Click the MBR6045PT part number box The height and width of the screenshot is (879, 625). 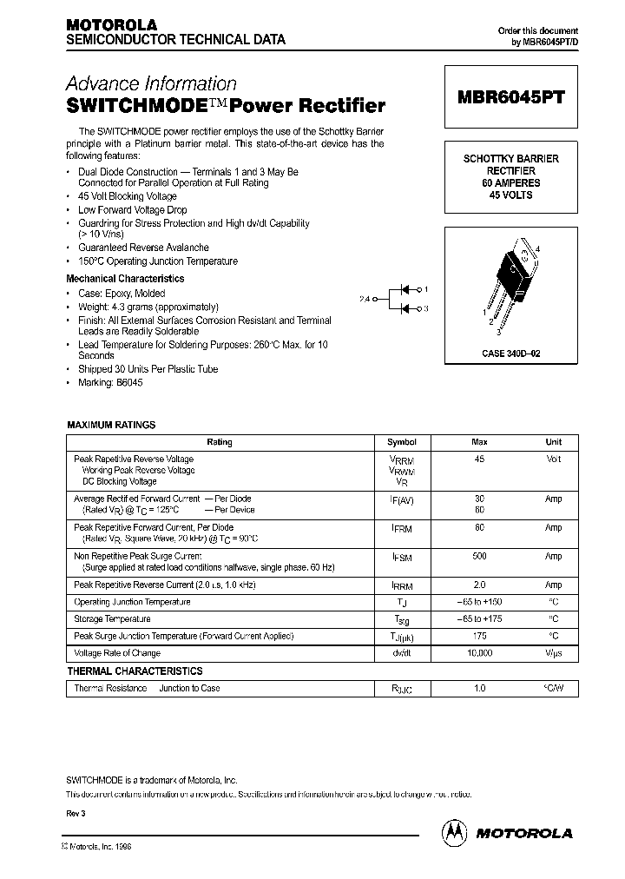pyautogui.click(x=510, y=97)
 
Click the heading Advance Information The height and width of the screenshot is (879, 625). pyautogui.click(x=152, y=84)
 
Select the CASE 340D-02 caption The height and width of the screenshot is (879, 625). pyautogui.click(x=511, y=354)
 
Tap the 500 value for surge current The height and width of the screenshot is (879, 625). pyautogui.click(x=479, y=556)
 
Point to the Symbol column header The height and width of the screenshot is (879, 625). pyautogui.click(x=402, y=442)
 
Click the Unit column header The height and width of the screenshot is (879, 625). pyautogui.click(x=553, y=442)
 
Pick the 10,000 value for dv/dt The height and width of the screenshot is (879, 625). pyautogui.click(x=479, y=653)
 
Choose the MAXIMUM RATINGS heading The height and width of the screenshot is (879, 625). pyautogui.click(x=111, y=425)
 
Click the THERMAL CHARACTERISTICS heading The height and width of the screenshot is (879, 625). pyautogui.click(x=135, y=671)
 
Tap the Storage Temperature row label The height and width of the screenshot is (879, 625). pyautogui.click(x=112, y=619)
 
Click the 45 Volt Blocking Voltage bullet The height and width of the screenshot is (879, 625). pyautogui.click(x=127, y=197)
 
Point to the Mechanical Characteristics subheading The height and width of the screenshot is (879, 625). pyautogui.click(x=125, y=279)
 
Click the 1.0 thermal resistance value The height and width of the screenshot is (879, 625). pyautogui.click(x=479, y=689)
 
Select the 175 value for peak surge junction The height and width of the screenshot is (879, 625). pyautogui.click(x=479, y=637)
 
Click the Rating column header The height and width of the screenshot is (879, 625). pyautogui.click(x=220, y=442)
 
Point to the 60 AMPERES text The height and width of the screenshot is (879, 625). pyautogui.click(x=510, y=183)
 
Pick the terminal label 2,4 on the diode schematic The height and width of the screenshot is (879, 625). pyautogui.click(x=364, y=299)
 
